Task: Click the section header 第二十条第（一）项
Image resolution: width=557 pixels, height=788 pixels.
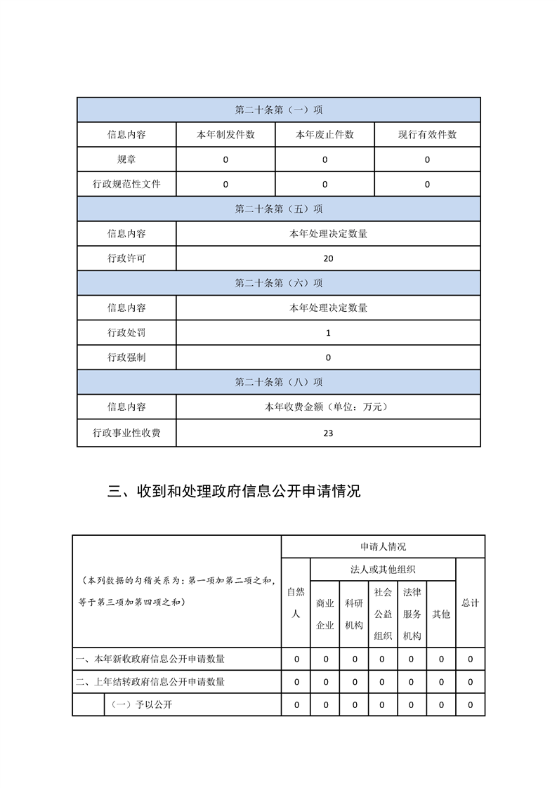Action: point(279,110)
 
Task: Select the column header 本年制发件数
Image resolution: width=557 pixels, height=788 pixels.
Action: point(225,135)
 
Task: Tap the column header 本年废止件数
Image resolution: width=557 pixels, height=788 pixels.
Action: point(325,135)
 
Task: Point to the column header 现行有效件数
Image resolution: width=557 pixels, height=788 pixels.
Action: point(427,135)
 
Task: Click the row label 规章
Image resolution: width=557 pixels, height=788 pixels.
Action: point(126,159)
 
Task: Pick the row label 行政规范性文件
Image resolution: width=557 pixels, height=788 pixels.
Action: point(126,184)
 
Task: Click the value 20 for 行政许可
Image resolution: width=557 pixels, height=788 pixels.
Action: point(328,258)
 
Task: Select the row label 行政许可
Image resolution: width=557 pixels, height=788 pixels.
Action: point(126,258)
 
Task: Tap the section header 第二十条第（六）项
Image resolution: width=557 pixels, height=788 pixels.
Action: point(279,283)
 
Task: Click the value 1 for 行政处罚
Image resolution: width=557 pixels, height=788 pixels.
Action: point(328,333)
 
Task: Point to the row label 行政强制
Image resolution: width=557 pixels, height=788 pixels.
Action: point(126,357)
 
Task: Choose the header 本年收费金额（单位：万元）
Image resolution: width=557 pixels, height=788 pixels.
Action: point(328,407)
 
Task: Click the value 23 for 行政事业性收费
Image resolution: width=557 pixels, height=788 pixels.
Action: point(328,433)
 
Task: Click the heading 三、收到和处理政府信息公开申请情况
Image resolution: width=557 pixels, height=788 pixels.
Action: point(234,492)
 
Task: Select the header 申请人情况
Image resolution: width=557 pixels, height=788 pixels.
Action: point(383,546)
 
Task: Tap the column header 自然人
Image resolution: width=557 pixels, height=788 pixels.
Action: point(296,603)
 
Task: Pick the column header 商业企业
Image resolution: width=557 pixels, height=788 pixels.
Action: point(325,614)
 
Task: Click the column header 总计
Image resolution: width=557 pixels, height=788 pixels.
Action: point(470,603)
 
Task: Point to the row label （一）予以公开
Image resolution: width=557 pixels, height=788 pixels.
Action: point(138,704)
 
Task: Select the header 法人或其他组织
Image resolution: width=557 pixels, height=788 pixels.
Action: point(383,570)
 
